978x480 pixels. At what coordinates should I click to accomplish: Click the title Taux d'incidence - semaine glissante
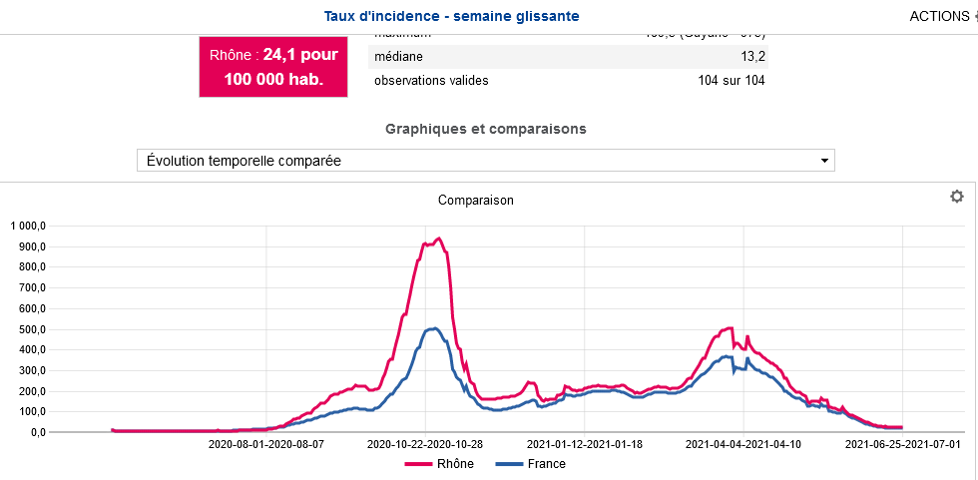[x=451, y=16]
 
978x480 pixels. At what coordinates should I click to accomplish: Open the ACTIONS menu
[x=940, y=16]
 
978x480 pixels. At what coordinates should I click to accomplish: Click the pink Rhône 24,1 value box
[x=273, y=67]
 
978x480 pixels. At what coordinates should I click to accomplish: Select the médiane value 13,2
[x=752, y=56]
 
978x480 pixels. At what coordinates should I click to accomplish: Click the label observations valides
[x=431, y=80]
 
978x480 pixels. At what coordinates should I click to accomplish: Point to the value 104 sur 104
[x=732, y=80]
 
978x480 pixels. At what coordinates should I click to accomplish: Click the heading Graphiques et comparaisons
[x=486, y=129]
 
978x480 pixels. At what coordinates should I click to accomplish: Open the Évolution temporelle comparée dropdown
[x=485, y=161]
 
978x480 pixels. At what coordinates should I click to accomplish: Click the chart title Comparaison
[x=476, y=200]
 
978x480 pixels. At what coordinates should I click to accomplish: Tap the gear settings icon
[x=956, y=197]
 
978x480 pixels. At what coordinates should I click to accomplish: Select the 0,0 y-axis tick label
[x=38, y=432]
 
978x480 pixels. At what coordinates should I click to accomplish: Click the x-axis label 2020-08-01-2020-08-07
[x=267, y=445]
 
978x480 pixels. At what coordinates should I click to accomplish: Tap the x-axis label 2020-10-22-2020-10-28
[x=425, y=445]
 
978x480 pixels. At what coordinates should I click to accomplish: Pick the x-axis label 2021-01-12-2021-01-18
[x=585, y=445]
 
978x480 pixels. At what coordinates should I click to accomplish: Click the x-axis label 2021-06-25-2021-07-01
[x=903, y=445]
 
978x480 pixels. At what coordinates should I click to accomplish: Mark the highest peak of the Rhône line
[x=439, y=238]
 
